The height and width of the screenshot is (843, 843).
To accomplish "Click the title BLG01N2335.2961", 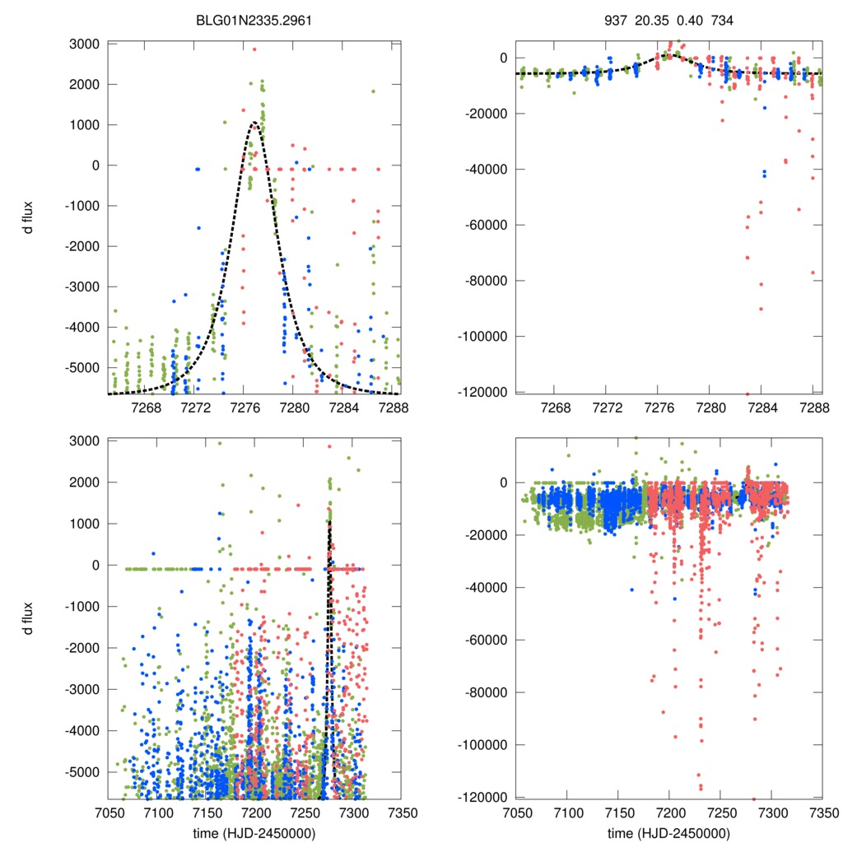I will click(254, 18).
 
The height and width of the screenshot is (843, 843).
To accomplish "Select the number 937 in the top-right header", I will click(616, 18).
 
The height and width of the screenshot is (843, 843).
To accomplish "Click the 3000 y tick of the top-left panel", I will click(85, 44).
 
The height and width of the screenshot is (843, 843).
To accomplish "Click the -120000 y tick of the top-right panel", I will click(481, 392).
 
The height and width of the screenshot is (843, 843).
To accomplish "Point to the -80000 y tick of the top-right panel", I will click(484, 281).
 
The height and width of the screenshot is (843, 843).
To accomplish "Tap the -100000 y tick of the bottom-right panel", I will click(481, 745).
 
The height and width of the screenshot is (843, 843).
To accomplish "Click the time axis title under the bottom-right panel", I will click(668, 833).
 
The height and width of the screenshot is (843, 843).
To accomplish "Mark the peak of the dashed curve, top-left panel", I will click(255, 123).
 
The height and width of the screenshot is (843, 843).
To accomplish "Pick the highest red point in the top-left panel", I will click(254, 49).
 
